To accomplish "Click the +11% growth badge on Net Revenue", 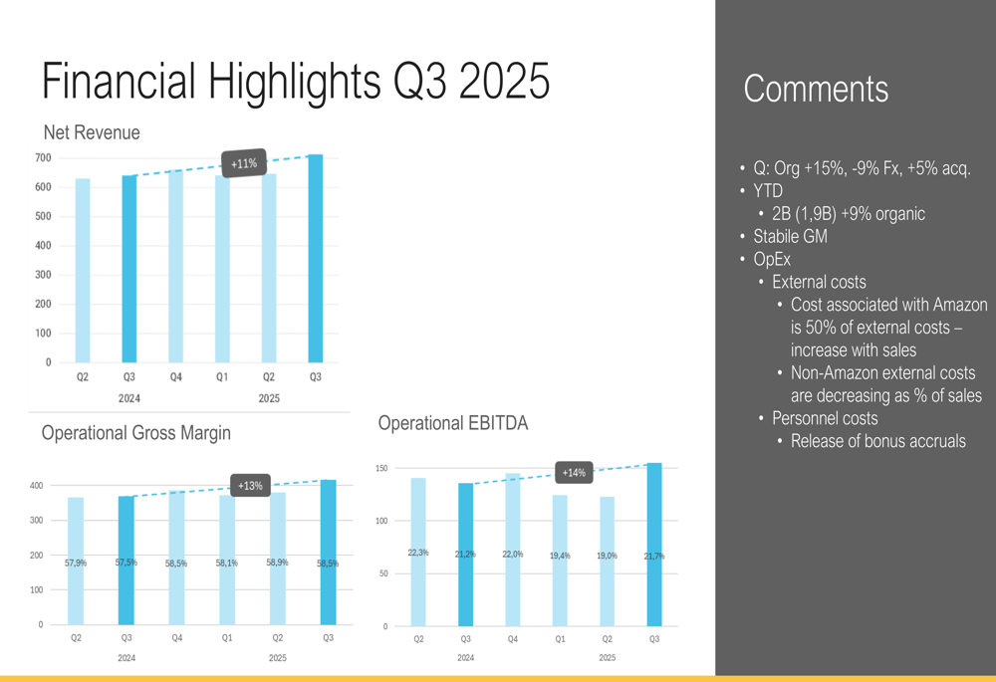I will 243,163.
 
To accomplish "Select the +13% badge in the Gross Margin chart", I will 250,486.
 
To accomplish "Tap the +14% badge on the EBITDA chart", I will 574,472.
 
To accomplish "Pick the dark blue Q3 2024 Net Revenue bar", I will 129,269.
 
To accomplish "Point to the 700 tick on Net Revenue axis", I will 42,158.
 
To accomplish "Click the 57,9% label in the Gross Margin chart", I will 76,564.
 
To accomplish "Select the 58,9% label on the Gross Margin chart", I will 278,564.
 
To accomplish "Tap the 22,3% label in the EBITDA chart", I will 418,553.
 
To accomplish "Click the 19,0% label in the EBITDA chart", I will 608,556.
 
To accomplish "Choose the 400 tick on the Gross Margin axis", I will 35,486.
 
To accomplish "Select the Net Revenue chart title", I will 92,132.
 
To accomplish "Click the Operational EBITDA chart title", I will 453,423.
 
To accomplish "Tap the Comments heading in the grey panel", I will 816,89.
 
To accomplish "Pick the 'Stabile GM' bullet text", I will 790,237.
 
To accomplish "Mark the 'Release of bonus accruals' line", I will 877,441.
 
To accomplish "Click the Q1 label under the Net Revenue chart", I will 222,377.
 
